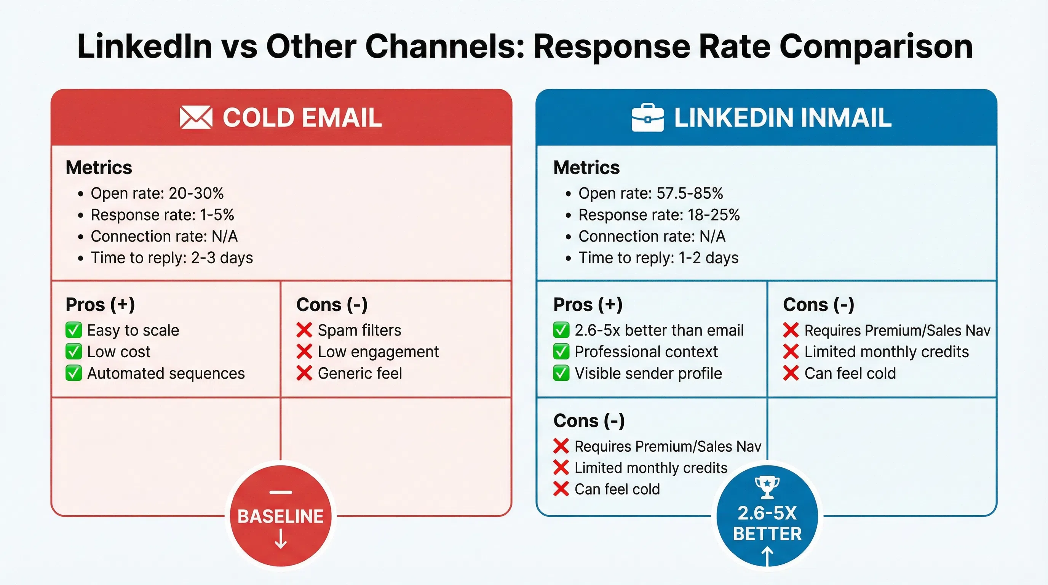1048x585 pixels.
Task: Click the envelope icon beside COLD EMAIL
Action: click(196, 117)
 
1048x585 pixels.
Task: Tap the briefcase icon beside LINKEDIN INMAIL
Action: click(647, 118)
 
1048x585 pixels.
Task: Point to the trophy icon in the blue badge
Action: click(767, 487)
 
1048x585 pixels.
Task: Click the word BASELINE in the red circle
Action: click(280, 516)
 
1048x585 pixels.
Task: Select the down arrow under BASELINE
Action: click(281, 539)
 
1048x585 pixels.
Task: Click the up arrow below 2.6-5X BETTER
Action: click(767, 556)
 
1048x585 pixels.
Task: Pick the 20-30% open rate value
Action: click(196, 193)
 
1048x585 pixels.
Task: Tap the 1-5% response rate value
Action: click(217, 215)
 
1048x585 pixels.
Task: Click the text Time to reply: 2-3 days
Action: click(172, 258)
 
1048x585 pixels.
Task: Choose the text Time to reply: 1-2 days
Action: click(658, 258)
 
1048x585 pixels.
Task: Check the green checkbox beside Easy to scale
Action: click(73, 330)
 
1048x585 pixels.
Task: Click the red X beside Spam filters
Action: click(304, 330)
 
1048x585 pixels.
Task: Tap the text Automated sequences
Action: click(166, 374)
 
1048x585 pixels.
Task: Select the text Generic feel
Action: click(359, 374)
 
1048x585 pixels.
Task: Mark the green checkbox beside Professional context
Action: click(561, 352)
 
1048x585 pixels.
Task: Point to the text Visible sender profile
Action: click(648, 374)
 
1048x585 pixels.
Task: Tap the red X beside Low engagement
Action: click(304, 352)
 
